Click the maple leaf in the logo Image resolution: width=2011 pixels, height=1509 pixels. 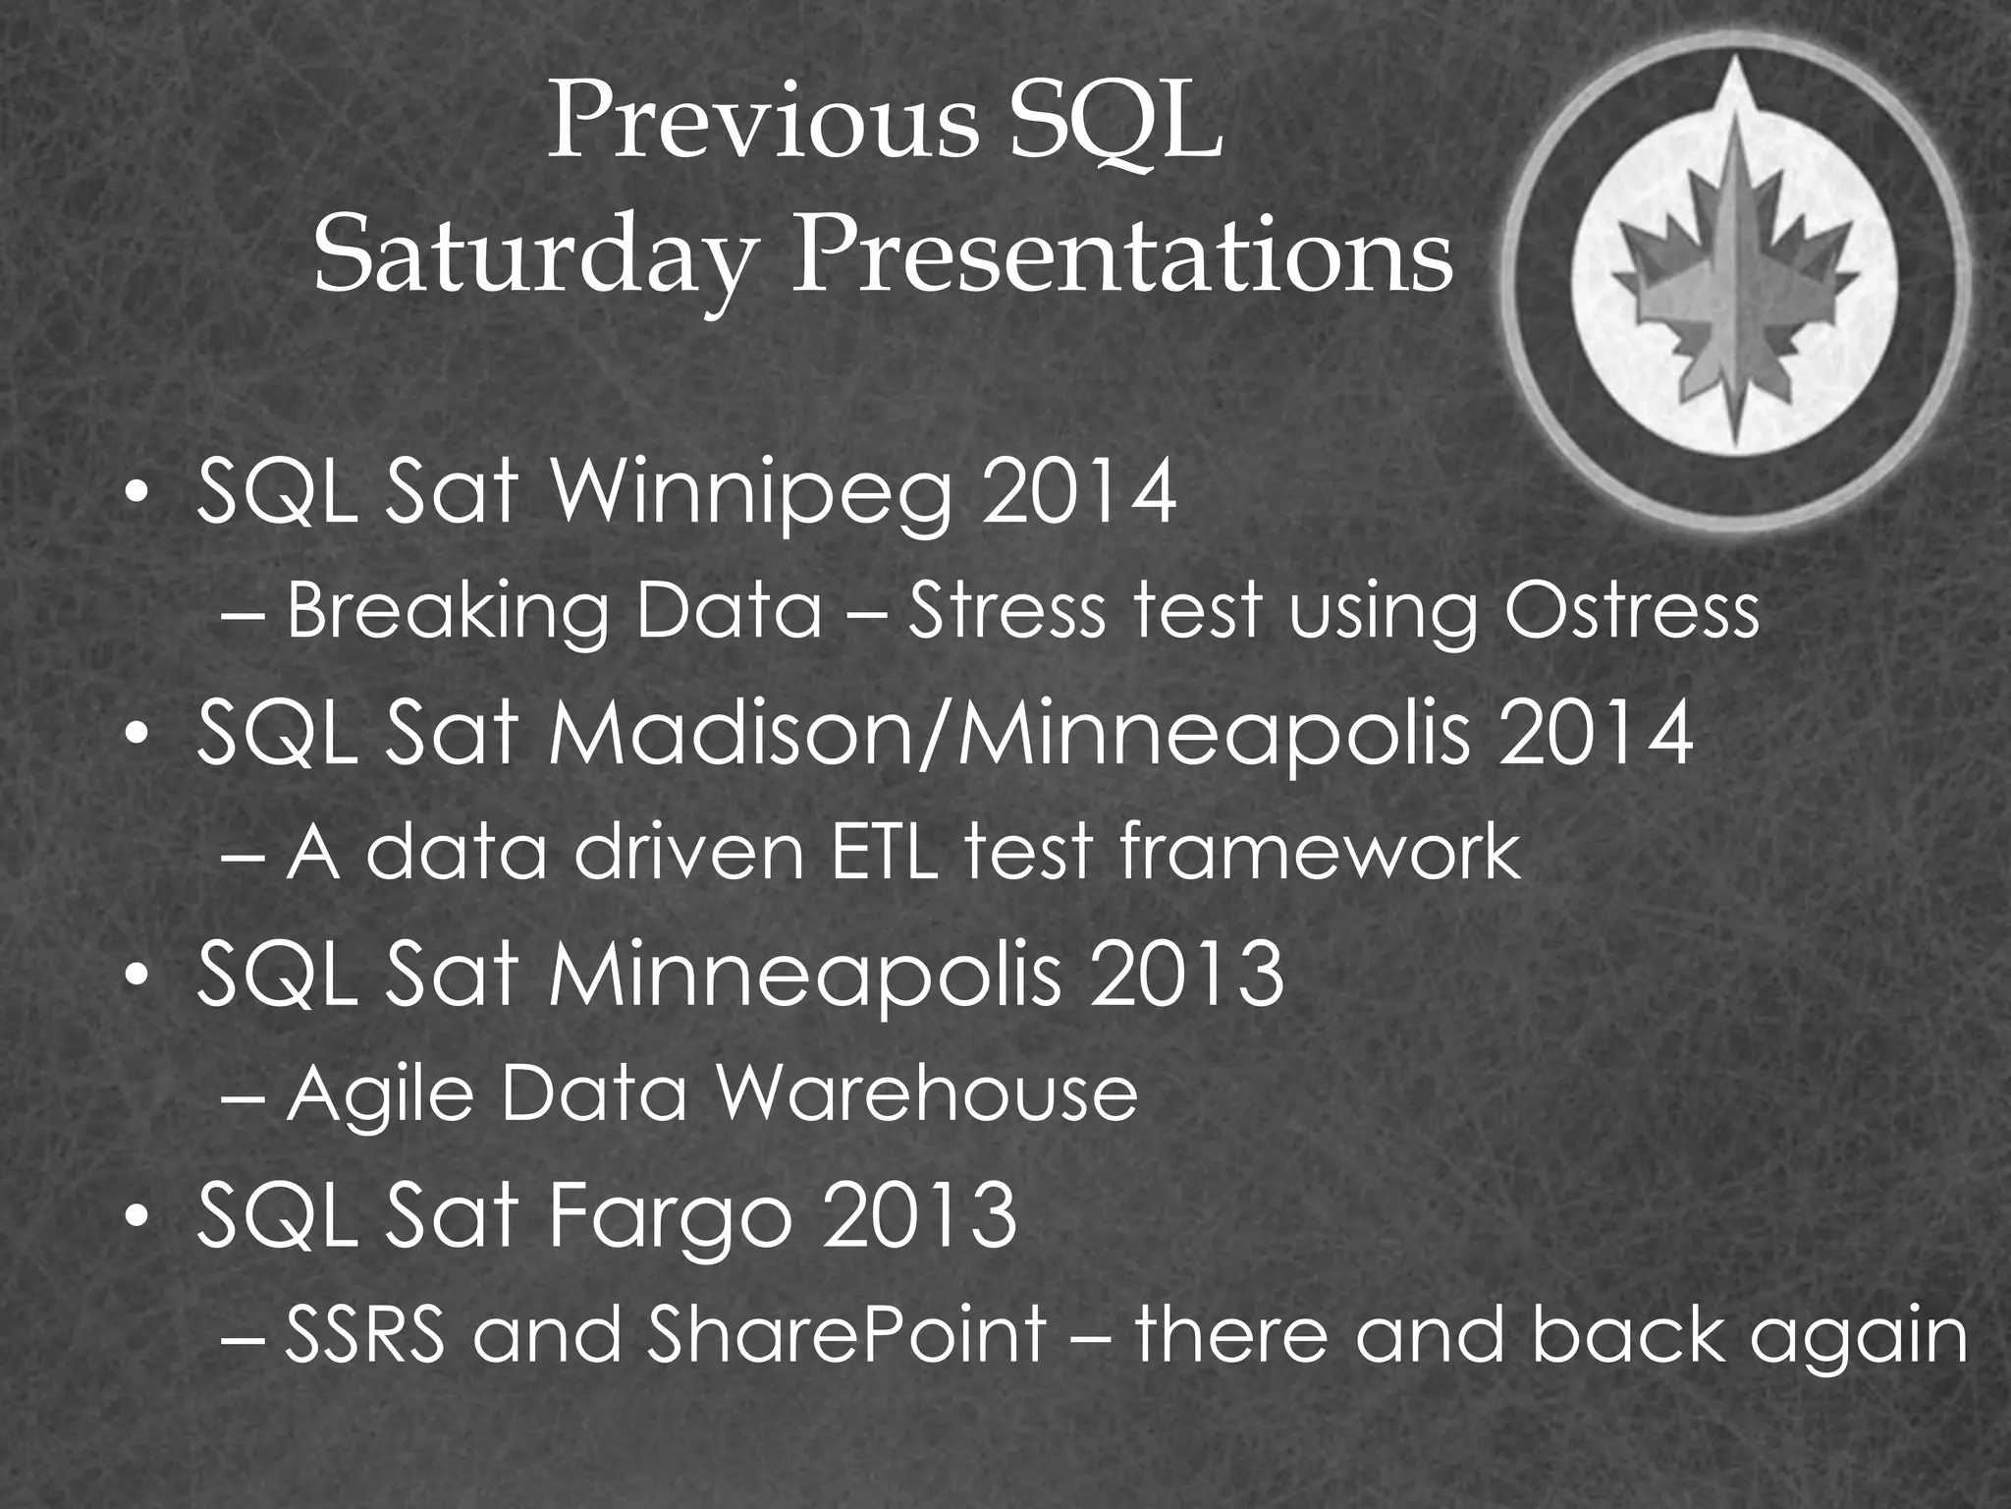[x=1735, y=285]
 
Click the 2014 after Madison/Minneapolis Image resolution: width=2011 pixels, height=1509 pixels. [x=1597, y=735]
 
